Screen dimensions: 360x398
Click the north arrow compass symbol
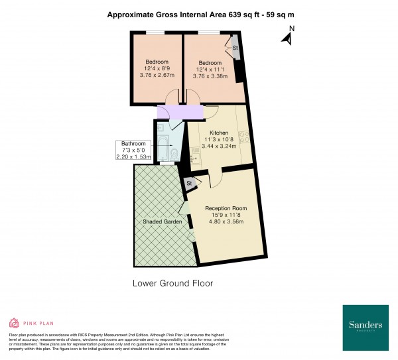click(x=287, y=36)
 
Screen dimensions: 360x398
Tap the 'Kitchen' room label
click(x=219, y=133)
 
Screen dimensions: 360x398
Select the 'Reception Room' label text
click(x=226, y=208)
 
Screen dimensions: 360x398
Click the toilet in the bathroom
click(x=174, y=154)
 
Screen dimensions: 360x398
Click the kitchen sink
click(x=196, y=158)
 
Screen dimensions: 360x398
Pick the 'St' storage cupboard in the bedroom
click(x=235, y=48)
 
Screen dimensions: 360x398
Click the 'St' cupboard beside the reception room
click(x=190, y=183)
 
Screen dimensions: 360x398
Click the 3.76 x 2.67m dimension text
click(x=158, y=75)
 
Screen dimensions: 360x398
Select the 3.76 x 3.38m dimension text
click(x=210, y=76)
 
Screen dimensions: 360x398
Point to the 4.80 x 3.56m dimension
click(x=226, y=221)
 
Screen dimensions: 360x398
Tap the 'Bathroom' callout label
click(x=133, y=144)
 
